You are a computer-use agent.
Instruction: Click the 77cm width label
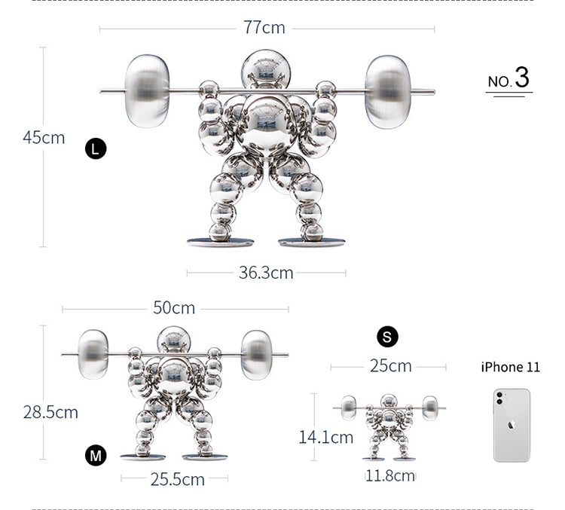tap(264, 27)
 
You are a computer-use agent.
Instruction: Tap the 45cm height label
tap(44, 138)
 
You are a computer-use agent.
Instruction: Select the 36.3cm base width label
tap(266, 273)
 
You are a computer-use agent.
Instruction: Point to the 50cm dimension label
tap(174, 308)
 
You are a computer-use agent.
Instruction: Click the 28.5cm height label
tap(50, 412)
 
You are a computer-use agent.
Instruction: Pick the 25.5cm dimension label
tap(177, 479)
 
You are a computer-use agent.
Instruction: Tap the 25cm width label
tap(390, 366)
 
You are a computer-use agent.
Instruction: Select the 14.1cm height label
tap(325, 437)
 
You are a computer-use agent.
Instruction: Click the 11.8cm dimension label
tap(390, 476)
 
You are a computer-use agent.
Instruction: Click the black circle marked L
tap(96, 148)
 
